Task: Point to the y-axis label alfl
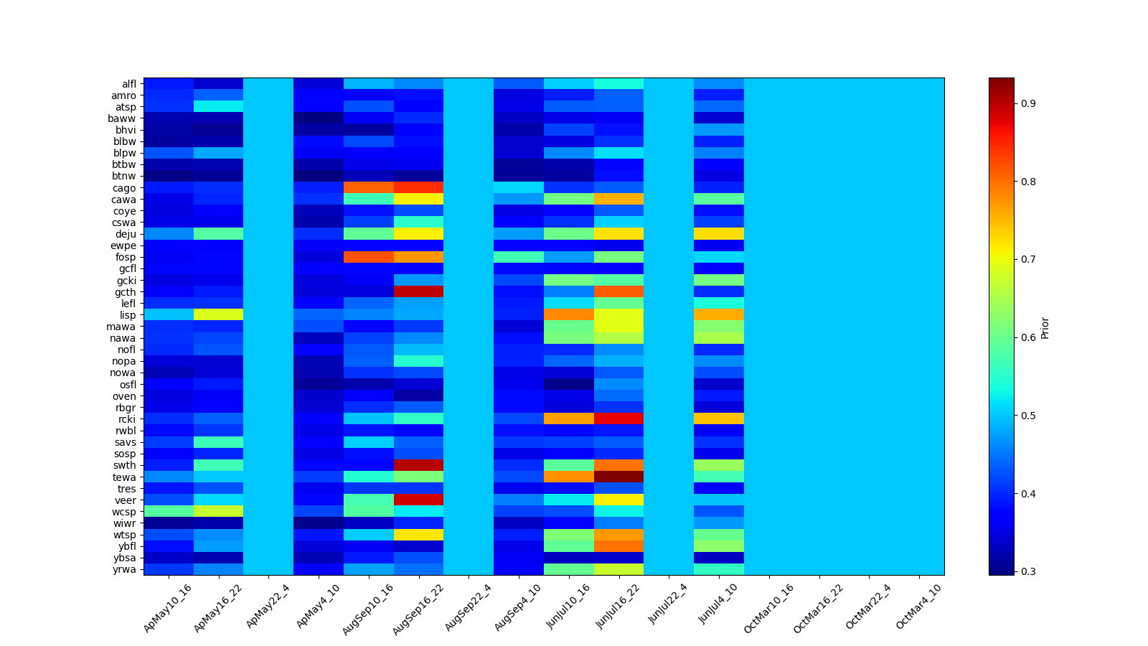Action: pos(128,84)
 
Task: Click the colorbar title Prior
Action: pos(1045,327)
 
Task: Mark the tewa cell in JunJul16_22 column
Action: pos(618,477)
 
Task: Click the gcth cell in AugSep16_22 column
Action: pos(418,292)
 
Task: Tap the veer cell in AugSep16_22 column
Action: pos(418,500)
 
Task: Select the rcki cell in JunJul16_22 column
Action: pos(618,419)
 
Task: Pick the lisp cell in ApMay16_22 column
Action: pos(219,315)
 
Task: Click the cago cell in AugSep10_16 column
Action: pos(369,188)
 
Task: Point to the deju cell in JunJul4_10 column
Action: pos(719,234)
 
